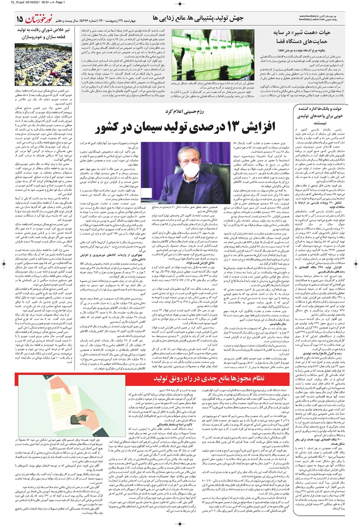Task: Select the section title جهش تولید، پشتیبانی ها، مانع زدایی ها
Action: coord(198,18)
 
